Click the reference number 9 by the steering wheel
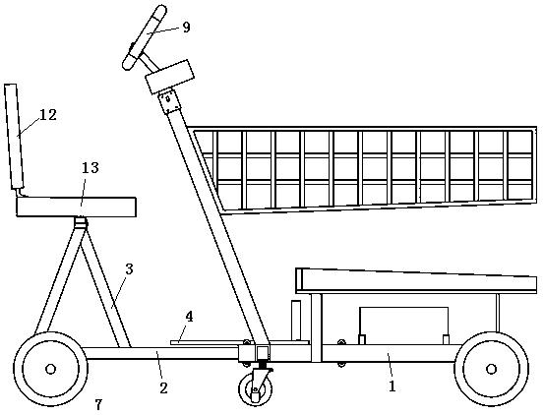tap(186, 27)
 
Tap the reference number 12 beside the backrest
tap(48, 115)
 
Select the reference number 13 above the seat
tap(91, 168)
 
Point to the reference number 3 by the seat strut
tap(129, 269)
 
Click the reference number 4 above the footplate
tap(189, 317)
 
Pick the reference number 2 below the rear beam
tap(163, 388)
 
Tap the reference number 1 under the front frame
tap(393, 386)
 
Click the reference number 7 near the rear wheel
tap(98, 404)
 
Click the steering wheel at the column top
tap(145, 37)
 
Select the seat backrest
tap(14, 137)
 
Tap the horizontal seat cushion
tap(77, 207)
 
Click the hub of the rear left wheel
tap(50, 369)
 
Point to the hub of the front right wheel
tap(491, 369)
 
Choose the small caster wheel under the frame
tap(256, 389)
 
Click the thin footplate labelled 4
tap(239, 342)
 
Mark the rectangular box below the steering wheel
tap(169, 77)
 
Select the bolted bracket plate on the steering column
tap(169, 101)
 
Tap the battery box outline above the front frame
tap(404, 326)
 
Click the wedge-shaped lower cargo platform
tap(416, 281)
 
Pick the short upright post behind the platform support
tap(296, 321)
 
